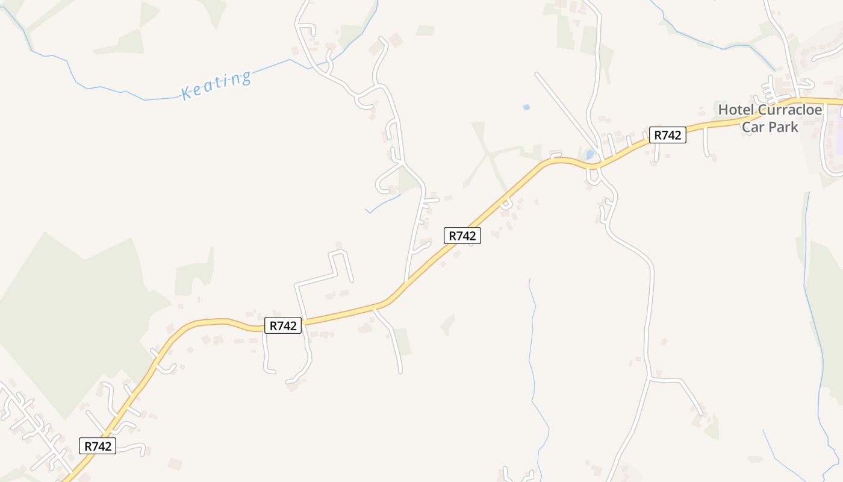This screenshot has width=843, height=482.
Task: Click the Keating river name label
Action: [x=216, y=85]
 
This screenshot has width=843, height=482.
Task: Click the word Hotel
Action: [x=736, y=110]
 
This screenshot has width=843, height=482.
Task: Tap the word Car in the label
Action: [x=753, y=127]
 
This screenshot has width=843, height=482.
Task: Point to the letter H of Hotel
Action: [x=723, y=110]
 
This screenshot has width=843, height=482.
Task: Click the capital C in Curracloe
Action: [x=762, y=110]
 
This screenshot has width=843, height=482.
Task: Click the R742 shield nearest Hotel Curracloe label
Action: [x=667, y=135]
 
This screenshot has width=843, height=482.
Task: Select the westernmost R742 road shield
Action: [x=97, y=446]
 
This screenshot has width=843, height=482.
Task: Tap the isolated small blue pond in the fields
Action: [x=526, y=107]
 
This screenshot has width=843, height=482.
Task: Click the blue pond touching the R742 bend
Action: [x=590, y=154]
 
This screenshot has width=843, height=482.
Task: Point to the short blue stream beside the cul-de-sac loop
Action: [x=383, y=202]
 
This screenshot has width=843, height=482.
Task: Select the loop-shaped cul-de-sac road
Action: [x=385, y=181]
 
